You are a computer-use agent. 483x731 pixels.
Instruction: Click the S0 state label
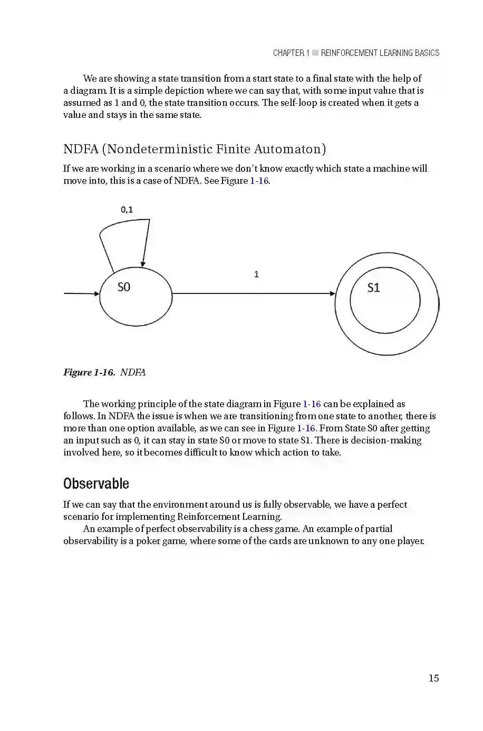(123, 287)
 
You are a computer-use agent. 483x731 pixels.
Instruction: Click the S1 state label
(373, 288)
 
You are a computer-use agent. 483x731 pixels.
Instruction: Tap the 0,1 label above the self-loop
(127, 210)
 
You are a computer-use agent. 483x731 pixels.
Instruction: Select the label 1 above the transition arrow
(256, 274)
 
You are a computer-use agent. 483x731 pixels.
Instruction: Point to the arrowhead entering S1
(332, 293)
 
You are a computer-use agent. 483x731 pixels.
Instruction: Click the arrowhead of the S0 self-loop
(143, 263)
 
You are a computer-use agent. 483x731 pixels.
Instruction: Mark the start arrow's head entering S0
(96, 293)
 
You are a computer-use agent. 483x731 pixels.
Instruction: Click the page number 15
(433, 678)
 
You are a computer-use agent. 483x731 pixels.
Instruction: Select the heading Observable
(96, 483)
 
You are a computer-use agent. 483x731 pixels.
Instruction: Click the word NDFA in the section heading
(81, 149)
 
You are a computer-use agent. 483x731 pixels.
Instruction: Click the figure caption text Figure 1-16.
(89, 372)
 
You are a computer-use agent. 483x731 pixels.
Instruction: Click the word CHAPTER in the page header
(288, 53)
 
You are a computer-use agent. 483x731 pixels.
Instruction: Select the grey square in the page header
(315, 53)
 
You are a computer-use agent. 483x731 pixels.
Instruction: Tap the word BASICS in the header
(427, 53)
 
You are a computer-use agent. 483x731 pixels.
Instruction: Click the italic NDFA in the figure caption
(133, 372)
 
